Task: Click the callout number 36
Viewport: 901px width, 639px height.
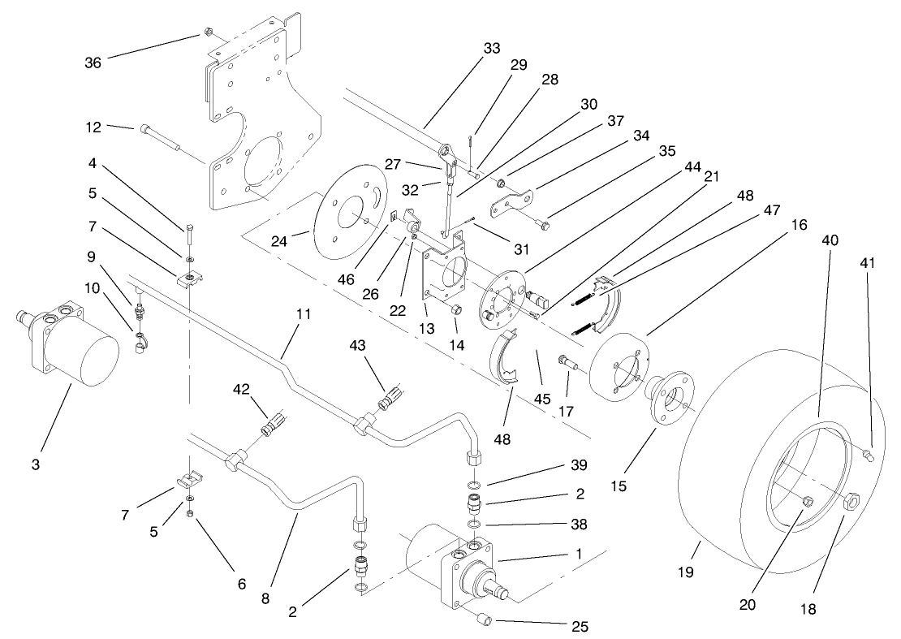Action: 93,63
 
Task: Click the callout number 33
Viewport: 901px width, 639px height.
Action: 492,49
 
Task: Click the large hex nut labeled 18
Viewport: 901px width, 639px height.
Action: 851,500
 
